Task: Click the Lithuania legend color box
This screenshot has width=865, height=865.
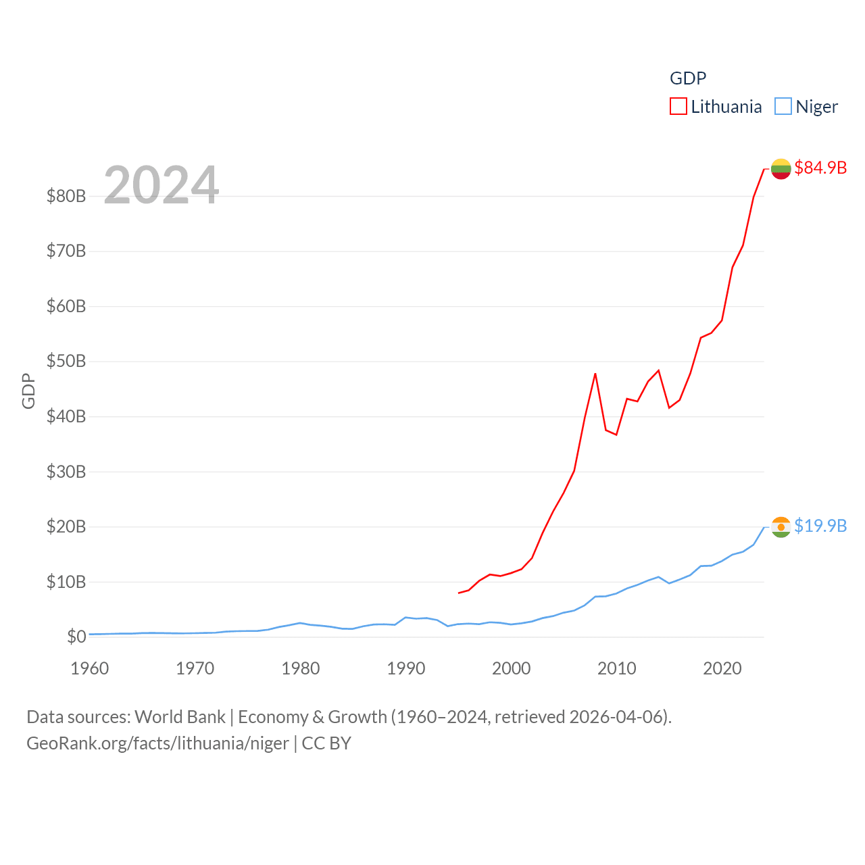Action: (678, 107)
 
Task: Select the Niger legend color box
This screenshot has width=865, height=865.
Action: (783, 107)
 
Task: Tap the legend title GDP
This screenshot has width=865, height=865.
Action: (688, 78)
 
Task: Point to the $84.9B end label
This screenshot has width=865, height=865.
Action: (820, 168)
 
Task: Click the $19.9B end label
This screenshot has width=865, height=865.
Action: (820, 526)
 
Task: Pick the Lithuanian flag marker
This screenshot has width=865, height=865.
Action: (781, 169)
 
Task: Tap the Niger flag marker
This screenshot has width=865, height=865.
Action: (781, 527)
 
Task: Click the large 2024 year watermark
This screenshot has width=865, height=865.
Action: (162, 185)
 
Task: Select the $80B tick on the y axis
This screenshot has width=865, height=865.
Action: (66, 196)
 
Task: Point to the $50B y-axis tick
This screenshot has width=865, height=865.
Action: (66, 361)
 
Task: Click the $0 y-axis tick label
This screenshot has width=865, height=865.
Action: (76, 637)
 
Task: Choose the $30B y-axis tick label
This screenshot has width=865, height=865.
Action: (66, 472)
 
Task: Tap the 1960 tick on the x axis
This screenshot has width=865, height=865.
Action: (90, 668)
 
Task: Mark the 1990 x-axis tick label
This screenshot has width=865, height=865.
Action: (406, 668)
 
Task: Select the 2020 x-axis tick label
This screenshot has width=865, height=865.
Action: (722, 668)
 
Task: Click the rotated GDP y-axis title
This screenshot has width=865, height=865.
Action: (28, 391)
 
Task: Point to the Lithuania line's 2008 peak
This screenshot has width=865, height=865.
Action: (595, 374)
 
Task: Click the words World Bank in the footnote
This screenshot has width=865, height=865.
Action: (180, 716)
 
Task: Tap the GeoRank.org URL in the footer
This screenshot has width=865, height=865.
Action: (157, 743)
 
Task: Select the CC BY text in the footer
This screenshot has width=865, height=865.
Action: (326, 743)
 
